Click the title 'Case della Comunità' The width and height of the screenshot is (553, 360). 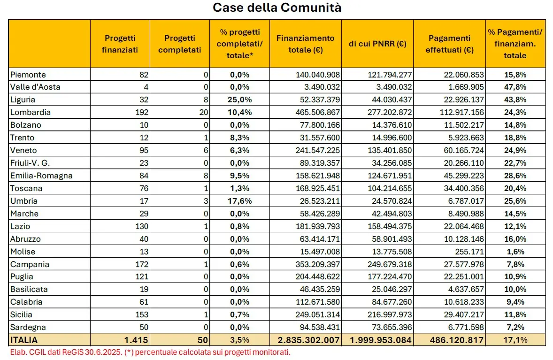click(277, 8)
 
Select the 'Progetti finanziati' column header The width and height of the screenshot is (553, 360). click(120, 44)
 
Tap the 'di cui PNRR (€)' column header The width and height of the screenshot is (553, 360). click(377, 44)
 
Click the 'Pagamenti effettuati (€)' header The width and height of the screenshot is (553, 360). click(449, 44)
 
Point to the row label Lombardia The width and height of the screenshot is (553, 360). click(31, 112)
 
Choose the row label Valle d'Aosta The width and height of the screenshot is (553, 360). click(35, 87)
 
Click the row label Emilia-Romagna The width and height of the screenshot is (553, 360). click(41, 176)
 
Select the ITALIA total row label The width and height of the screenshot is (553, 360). click(24, 340)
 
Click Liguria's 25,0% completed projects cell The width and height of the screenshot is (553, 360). click(239, 100)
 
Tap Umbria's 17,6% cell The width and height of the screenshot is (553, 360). click(239, 201)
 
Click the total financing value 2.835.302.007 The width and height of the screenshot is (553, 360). click(308, 340)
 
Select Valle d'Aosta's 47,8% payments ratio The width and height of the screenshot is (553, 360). click(515, 87)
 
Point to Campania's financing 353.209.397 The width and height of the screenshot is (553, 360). click(318, 264)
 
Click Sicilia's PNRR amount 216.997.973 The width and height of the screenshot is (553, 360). click(390, 314)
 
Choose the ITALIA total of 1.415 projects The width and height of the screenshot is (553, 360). click(136, 340)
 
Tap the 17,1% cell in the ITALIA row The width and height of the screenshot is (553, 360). click(515, 340)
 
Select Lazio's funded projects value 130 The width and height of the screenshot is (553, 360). click(142, 226)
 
